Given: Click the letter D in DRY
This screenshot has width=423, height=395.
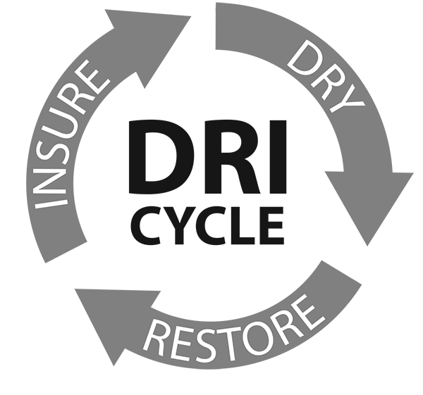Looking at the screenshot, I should (x=303, y=58).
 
